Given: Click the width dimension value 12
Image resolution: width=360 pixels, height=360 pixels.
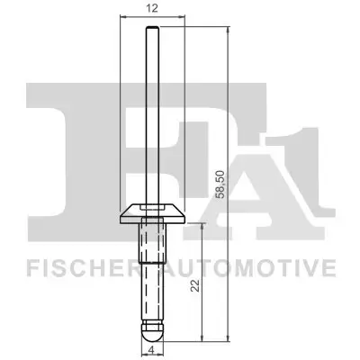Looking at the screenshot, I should point(151,8).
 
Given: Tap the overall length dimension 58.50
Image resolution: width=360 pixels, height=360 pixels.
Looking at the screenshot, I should point(236,181).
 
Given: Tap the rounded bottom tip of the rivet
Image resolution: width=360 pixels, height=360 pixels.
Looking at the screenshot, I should point(151,330).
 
